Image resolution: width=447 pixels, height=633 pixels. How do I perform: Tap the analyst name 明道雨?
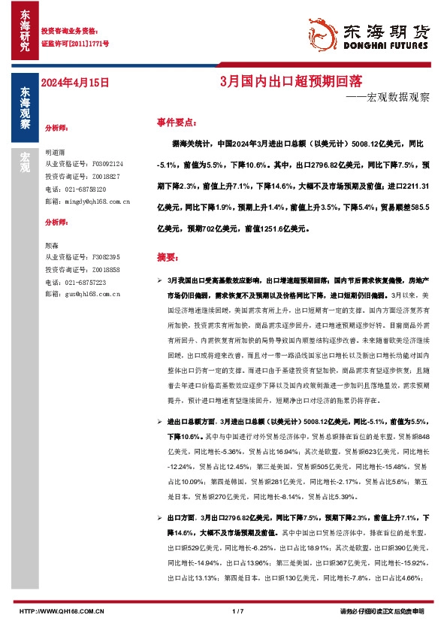[56, 151]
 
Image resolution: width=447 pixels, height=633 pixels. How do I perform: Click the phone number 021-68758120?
[84, 189]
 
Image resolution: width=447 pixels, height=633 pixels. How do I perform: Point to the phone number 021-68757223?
[84, 283]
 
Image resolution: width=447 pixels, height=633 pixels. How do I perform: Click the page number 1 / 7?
[239, 611]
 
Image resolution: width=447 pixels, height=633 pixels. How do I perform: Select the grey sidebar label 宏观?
[25, 161]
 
